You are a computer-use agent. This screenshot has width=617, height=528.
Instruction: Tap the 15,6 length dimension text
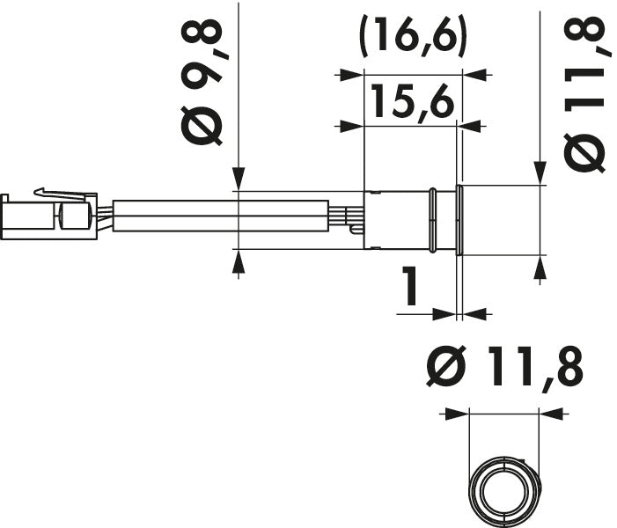pyautogui.click(x=412, y=102)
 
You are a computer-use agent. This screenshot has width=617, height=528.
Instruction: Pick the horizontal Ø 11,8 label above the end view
pyautogui.click(x=503, y=369)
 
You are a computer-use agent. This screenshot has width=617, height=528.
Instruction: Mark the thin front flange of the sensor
pyautogui.click(x=457, y=220)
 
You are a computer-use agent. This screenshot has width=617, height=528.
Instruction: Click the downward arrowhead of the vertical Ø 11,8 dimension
pyautogui.click(x=539, y=177)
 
